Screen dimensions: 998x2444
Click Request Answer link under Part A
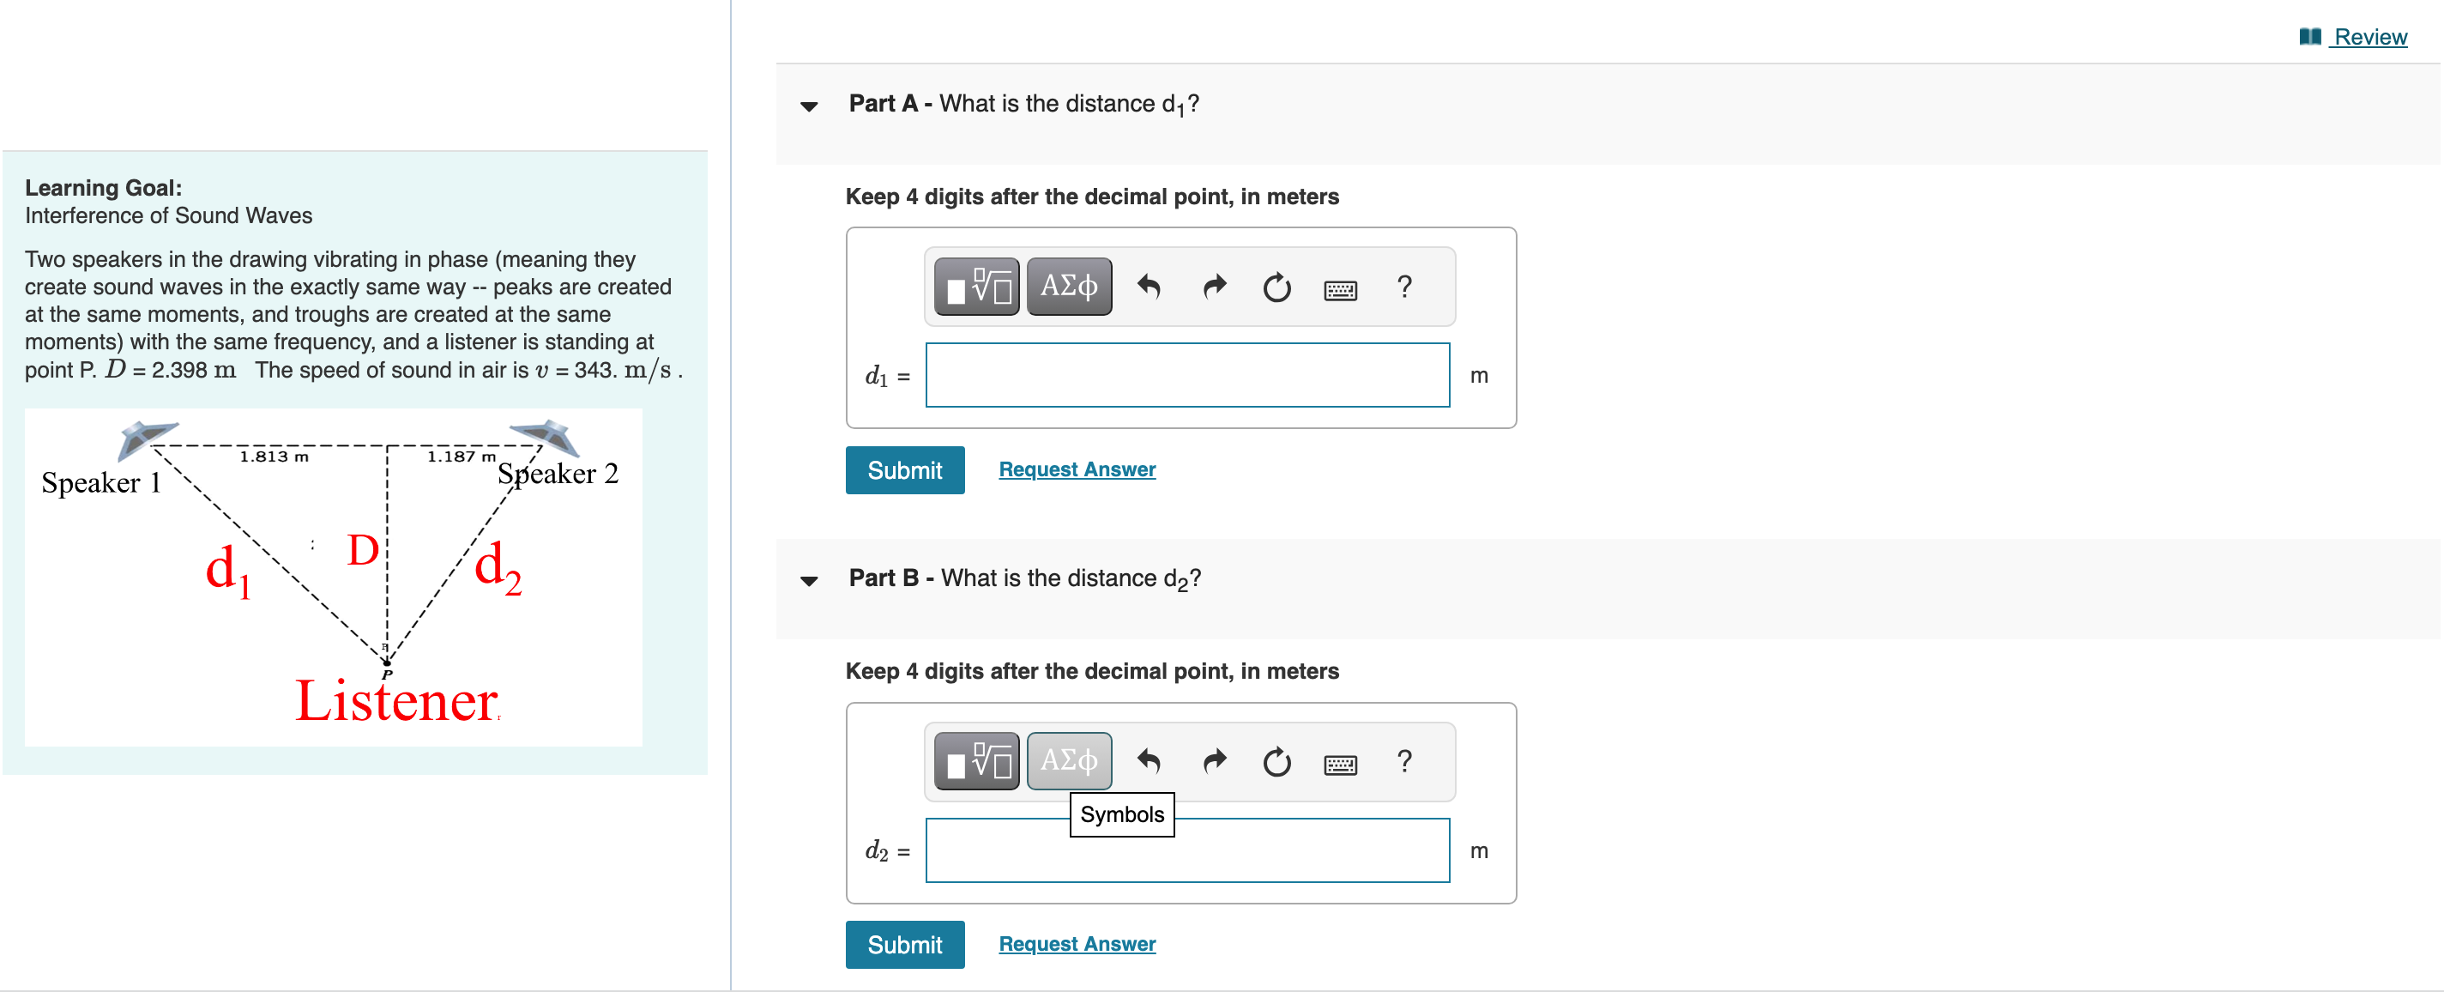click(x=1076, y=469)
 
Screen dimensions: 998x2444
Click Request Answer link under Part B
click(x=1076, y=944)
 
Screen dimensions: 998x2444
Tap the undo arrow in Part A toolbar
click(x=1148, y=287)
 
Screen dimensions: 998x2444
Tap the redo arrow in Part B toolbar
click(x=1214, y=761)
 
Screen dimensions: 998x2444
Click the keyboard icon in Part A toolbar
click(x=1339, y=288)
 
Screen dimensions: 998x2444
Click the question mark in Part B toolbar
click(x=1404, y=761)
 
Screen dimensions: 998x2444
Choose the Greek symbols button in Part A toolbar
click(x=1068, y=287)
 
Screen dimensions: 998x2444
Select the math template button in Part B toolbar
click(x=976, y=761)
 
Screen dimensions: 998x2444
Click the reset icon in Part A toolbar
click(x=1276, y=287)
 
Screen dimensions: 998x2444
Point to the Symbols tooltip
click(x=1121, y=815)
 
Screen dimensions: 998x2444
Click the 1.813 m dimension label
click(x=274, y=457)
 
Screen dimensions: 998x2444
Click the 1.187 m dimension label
click(x=462, y=457)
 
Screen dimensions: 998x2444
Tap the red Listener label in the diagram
click(x=395, y=701)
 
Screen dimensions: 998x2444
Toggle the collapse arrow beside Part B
click(x=808, y=581)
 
